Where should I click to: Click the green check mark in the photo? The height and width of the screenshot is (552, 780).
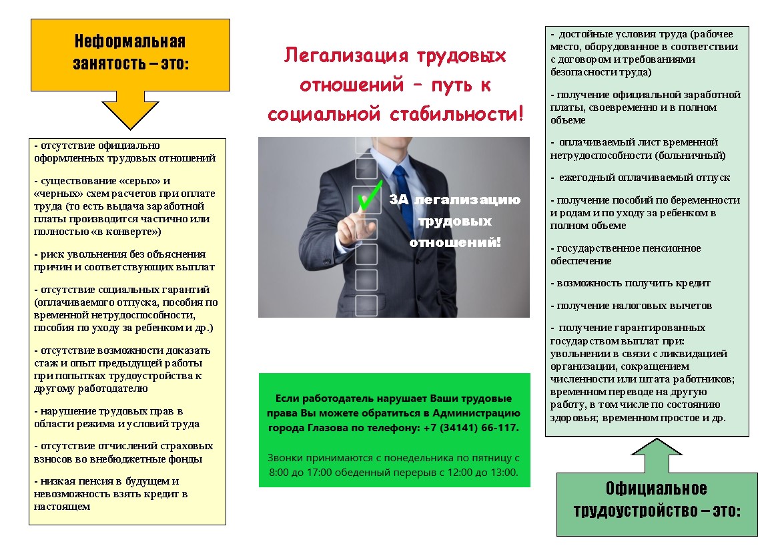coord(369,196)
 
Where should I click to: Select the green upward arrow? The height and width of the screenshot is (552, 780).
coord(657,455)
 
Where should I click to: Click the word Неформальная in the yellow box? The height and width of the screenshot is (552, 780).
coord(130,41)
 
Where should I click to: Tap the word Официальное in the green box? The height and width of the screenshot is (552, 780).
coord(656,489)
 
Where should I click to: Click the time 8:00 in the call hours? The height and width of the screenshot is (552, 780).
coord(279,472)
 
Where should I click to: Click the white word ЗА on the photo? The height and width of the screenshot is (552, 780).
coord(399,200)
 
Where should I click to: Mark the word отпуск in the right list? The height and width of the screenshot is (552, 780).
coord(713,178)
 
